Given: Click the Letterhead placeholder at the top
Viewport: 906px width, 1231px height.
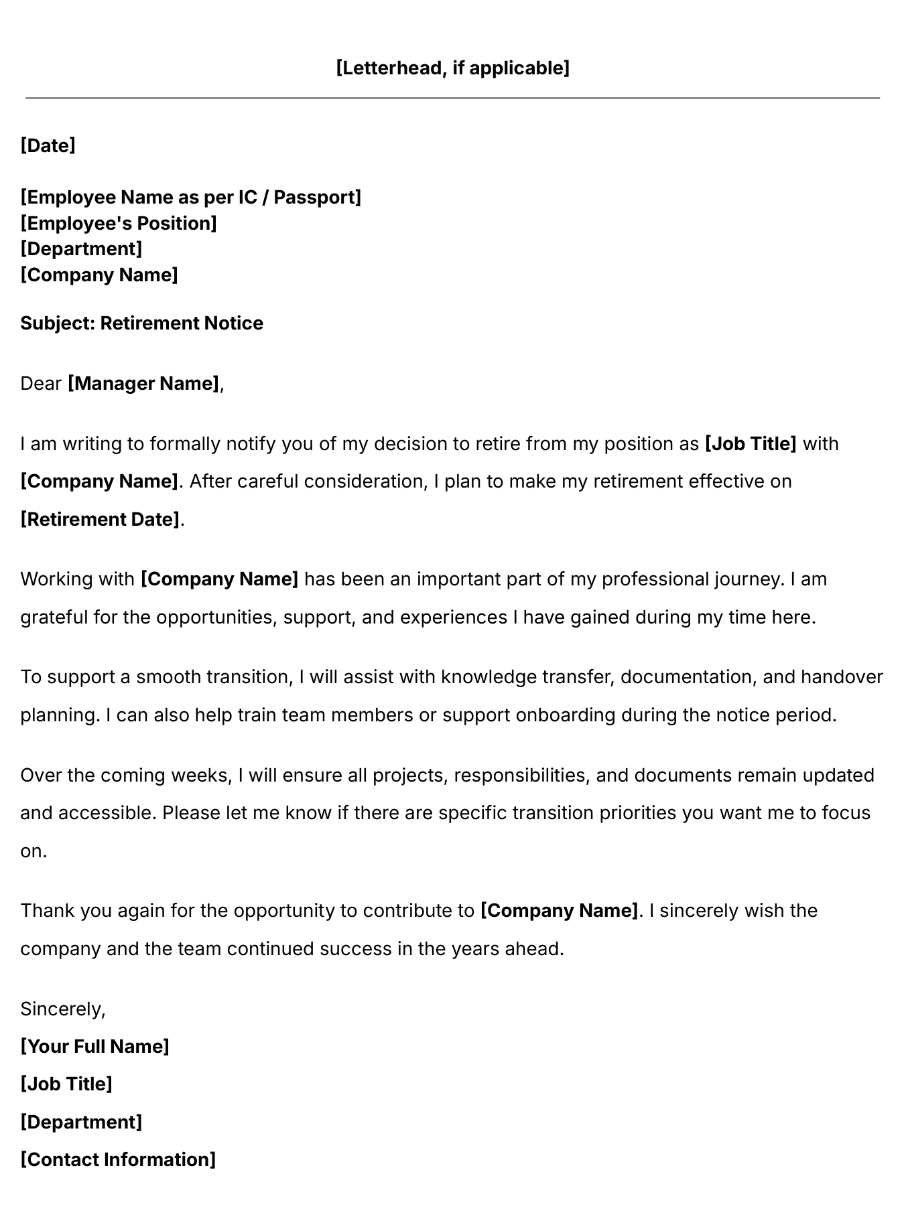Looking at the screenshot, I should pos(452,68).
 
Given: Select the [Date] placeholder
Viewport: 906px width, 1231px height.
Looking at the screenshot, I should pos(48,145).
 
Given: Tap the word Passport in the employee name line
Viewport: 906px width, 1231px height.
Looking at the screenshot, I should pos(317,198).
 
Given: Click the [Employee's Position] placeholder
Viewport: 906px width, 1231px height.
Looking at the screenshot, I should pos(119,224).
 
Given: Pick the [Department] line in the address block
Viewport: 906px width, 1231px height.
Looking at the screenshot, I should pos(81,249).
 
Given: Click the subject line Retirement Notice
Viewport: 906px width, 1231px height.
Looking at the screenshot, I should pos(141,323).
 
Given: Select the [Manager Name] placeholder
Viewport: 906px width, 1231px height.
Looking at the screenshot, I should pos(143,384).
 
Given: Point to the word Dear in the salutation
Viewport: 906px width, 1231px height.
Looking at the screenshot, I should pos(41,384).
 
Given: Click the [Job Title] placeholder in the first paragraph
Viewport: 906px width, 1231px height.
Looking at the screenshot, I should pos(751,444).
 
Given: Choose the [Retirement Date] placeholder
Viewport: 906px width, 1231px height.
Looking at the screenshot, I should pos(101,520).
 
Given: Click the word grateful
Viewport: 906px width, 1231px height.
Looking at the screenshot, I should pos(54,618).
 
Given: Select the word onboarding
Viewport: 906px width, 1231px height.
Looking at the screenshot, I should pos(566,715).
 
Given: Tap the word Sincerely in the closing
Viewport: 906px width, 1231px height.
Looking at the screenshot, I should pos(63,1009).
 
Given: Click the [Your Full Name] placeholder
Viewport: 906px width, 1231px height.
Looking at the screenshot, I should pos(94,1047).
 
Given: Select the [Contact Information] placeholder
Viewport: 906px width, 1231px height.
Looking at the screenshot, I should pos(118,1160).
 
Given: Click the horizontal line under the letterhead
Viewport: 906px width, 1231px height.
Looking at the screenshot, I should pos(452,98).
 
